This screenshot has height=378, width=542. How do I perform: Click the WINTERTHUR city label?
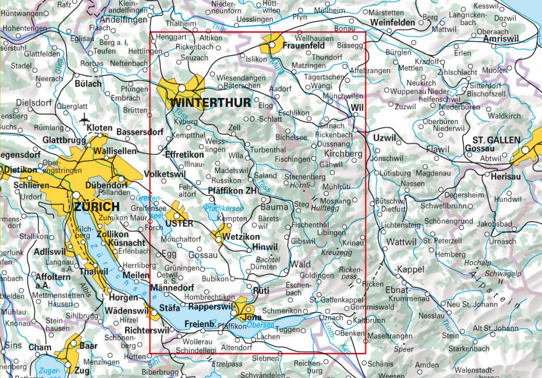point(210,102)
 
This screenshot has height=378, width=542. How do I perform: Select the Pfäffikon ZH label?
point(233,191)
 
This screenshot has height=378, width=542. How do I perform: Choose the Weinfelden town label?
point(393,23)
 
